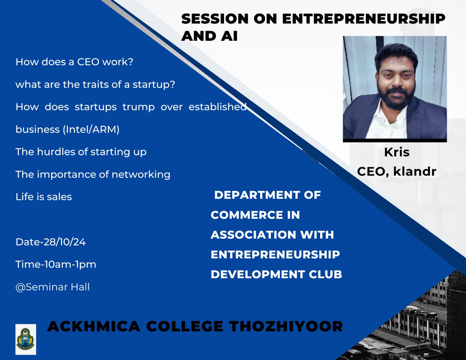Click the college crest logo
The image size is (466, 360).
(x=26, y=339)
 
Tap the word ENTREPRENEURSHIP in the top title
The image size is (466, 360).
(x=364, y=19)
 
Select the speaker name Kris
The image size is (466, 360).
(x=397, y=152)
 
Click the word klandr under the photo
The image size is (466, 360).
(x=415, y=171)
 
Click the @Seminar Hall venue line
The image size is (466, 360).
(x=52, y=287)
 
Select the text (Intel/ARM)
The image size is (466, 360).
(x=91, y=130)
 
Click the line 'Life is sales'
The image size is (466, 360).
(x=44, y=197)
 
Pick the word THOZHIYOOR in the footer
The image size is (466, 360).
(x=286, y=326)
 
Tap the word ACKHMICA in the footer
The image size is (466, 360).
(x=94, y=326)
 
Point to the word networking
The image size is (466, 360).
(x=141, y=174)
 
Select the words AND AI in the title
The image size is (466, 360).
(x=209, y=36)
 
